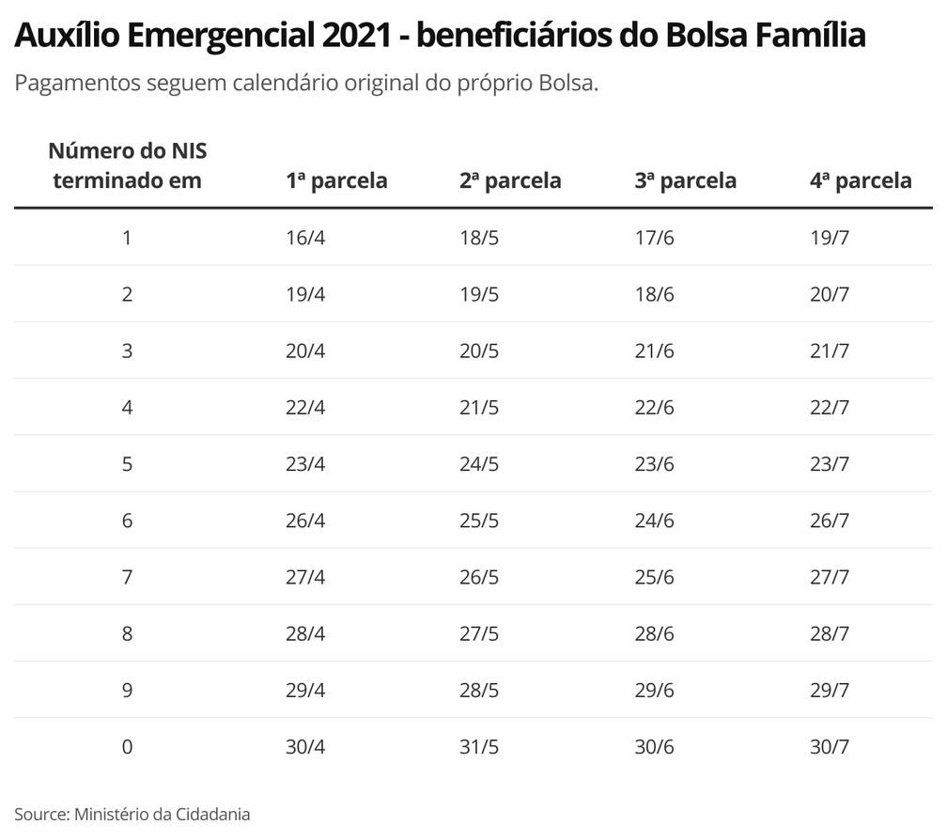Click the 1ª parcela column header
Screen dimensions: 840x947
click(336, 180)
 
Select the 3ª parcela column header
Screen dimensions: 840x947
click(685, 180)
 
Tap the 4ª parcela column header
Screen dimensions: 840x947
click(860, 180)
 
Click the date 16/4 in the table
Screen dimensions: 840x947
click(305, 238)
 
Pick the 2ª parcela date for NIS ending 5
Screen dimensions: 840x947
click(479, 464)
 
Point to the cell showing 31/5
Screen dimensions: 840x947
click(479, 747)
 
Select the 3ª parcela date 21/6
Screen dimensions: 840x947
click(654, 351)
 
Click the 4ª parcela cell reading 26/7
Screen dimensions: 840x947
click(829, 521)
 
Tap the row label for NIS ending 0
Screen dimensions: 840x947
click(127, 747)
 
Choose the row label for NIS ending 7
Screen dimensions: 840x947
click(127, 577)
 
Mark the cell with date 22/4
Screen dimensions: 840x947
click(305, 408)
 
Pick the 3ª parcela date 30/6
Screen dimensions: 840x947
click(654, 747)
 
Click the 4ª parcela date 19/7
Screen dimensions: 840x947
click(829, 238)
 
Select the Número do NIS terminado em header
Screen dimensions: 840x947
click(127, 165)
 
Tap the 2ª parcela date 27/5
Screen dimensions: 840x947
click(479, 633)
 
